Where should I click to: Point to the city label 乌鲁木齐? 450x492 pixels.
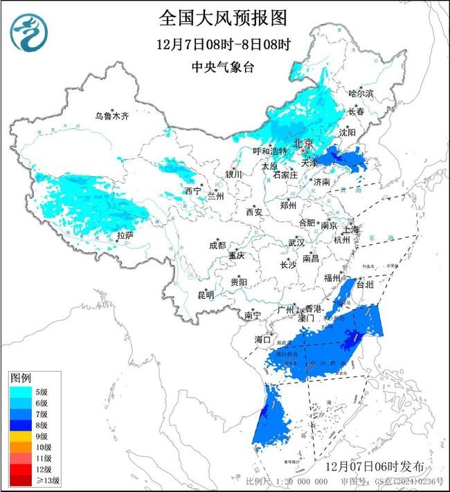[x=111, y=116]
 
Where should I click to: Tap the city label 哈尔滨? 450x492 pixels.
[x=360, y=93]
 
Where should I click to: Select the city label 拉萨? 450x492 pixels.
[x=125, y=235]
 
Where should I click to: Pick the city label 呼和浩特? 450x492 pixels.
[x=269, y=151]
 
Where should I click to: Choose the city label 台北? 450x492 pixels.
[x=363, y=284]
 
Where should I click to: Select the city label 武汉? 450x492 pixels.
[x=296, y=243]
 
